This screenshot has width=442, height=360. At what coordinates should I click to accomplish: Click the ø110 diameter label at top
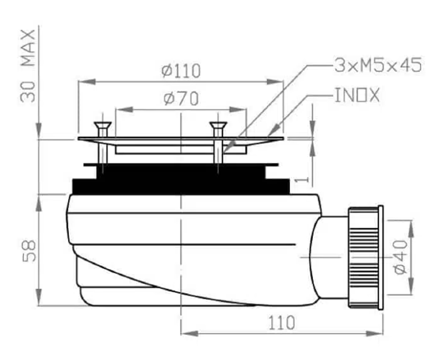tap(181, 71)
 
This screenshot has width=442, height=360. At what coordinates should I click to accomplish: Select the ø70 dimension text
tap(181, 99)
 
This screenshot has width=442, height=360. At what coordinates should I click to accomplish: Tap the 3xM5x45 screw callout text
tap(378, 65)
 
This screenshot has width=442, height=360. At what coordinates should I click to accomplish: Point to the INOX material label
tap(357, 95)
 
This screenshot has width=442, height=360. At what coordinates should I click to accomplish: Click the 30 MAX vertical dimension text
tap(28, 65)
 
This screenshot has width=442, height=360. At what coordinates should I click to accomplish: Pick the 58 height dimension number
tap(29, 251)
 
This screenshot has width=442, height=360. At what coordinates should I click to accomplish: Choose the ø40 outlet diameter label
tap(400, 257)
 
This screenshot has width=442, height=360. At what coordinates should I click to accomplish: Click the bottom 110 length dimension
tap(281, 323)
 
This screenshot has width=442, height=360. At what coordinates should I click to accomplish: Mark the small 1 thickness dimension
tap(302, 179)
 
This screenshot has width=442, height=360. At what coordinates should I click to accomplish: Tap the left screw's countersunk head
tap(103, 126)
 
